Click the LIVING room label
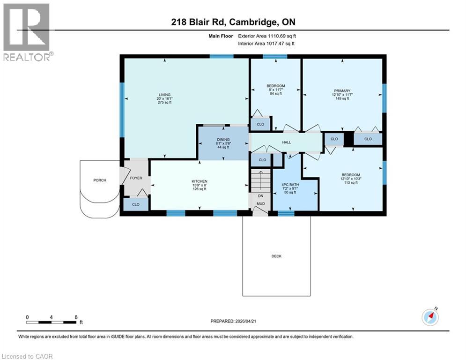click(x=165, y=95)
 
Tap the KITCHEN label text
click(x=200, y=181)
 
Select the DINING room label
click(x=223, y=139)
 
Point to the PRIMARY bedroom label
click(x=342, y=91)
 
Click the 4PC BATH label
click(x=290, y=185)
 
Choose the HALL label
click(x=287, y=142)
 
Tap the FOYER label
click(x=136, y=178)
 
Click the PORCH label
click(x=100, y=180)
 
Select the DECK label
click(x=276, y=256)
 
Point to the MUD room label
click(x=261, y=203)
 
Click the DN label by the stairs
click(x=261, y=196)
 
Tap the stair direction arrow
click(x=261, y=180)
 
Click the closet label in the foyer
click(x=136, y=204)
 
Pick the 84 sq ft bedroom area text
click(x=276, y=93)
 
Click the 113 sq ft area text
click(x=351, y=182)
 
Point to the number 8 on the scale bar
click(x=76, y=317)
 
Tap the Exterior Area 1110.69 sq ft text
click(x=267, y=36)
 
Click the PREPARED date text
click(x=233, y=321)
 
